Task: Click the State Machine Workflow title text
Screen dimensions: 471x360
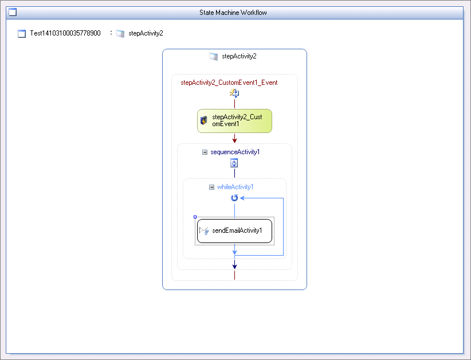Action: pos(233,13)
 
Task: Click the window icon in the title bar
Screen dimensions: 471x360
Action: pos(13,12)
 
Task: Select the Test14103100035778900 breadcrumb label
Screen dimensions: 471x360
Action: pos(65,33)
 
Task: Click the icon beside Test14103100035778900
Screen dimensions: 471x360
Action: pos(22,34)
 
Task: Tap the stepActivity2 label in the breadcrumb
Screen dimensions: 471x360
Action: pos(146,33)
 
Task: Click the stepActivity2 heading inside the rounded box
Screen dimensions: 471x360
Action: pos(239,56)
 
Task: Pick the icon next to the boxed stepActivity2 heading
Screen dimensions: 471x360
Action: pos(214,57)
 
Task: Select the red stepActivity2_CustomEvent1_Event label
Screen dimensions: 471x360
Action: pos(229,83)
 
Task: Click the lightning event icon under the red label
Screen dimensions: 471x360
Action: pos(234,93)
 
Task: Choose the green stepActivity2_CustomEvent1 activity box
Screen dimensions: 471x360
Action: pos(234,121)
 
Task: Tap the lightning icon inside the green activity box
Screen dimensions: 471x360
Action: pos(203,120)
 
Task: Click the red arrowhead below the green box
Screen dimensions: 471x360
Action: pos(234,140)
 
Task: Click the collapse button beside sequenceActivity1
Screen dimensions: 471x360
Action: pos(205,152)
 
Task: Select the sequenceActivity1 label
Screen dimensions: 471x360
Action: pos(235,152)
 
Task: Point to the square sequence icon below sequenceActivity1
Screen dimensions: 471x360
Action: pos(234,163)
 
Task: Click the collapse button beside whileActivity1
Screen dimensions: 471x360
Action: pos(212,187)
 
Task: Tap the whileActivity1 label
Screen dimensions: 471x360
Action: pos(235,187)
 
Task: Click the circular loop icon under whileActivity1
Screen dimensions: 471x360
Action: pos(234,198)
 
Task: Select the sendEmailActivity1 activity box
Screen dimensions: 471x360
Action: pos(234,231)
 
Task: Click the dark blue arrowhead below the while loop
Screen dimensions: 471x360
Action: pos(234,266)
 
